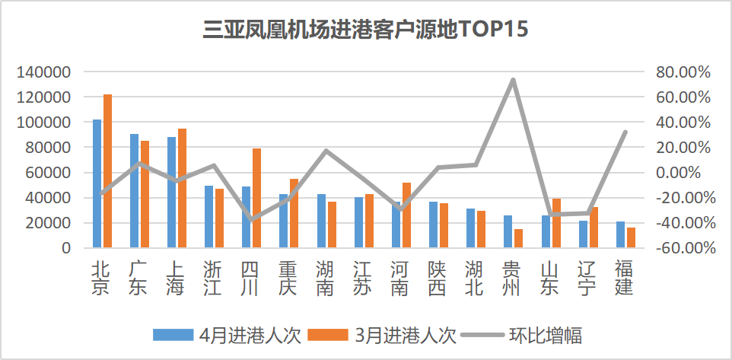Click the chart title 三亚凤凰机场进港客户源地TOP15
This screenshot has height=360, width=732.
(365, 30)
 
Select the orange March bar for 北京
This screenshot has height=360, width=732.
(107, 171)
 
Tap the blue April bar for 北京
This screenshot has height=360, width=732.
(97, 183)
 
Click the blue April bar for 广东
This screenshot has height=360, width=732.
(134, 191)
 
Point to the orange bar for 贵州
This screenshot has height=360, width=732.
(518, 238)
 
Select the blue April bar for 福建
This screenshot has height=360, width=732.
(620, 234)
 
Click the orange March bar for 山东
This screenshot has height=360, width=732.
(555, 223)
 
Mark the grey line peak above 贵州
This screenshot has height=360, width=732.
(514, 80)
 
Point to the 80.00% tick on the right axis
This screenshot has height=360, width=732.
(682, 72)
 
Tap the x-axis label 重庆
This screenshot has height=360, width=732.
(287, 279)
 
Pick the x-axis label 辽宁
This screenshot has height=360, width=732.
(586, 279)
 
